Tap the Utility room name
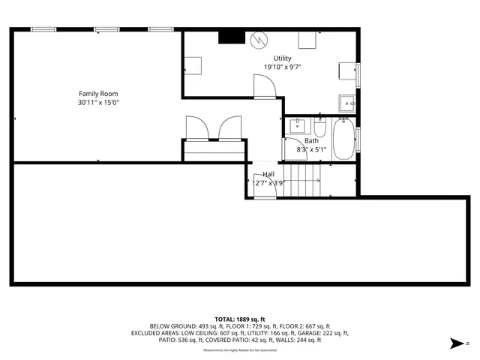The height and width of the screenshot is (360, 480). tap(282, 58)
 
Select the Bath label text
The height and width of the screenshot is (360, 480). tap(311, 141)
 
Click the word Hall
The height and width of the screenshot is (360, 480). tap(268, 174)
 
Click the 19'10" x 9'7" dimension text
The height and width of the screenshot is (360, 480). tap(282, 67)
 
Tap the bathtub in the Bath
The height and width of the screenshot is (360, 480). tap(344, 139)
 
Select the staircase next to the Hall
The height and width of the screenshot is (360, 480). tap(304, 180)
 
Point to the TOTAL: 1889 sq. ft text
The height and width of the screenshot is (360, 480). tap(240, 319)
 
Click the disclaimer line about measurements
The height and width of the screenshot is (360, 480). tap(240, 350)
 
